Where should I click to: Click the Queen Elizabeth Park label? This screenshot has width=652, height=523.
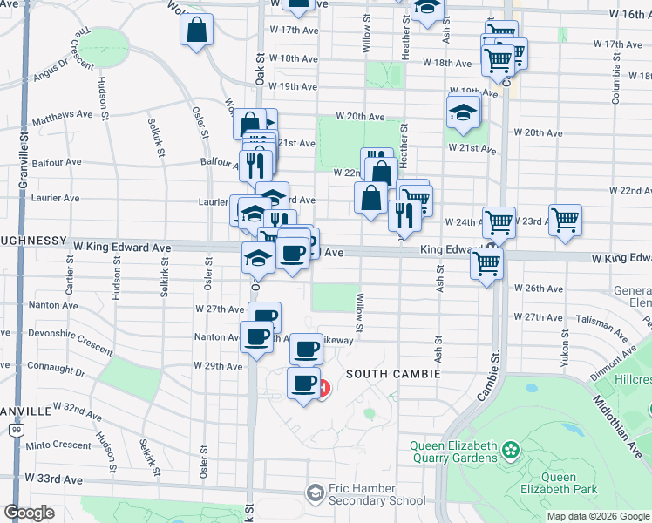[x=569, y=483]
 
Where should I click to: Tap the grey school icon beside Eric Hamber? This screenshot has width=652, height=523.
[x=314, y=494]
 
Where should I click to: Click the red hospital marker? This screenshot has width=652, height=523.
[x=323, y=388]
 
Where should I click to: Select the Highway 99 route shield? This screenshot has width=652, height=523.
[x=16, y=430]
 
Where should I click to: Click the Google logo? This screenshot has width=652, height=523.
[x=29, y=513]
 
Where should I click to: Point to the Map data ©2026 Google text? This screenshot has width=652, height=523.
[x=597, y=516]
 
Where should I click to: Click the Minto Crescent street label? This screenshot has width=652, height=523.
[x=59, y=445]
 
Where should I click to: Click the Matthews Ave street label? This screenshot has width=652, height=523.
[x=62, y=114]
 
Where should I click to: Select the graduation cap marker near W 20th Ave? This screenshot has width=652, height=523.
[x=463, y=112]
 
